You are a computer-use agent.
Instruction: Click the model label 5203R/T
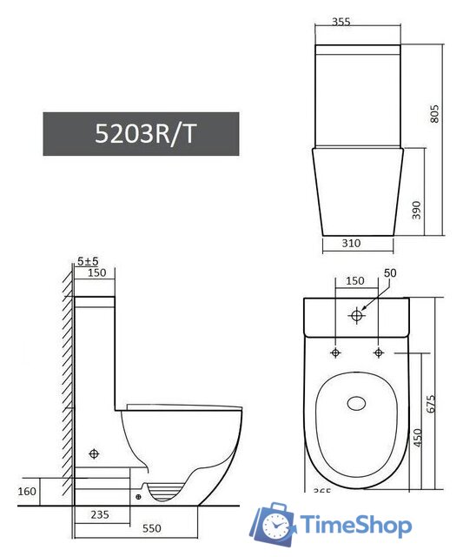click(x=140, y=135)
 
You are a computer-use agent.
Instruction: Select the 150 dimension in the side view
click(x=96, y=273)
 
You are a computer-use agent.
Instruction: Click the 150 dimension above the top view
click(x=355, y=281)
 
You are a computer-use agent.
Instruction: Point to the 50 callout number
click(x=390, y=273)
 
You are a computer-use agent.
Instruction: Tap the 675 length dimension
click(x=432, y=403)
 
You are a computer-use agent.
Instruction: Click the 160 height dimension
click(x=27, y=493)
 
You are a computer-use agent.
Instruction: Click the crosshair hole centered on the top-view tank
click(x=356, y=317)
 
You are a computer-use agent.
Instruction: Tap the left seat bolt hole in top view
click(x=334, y=352)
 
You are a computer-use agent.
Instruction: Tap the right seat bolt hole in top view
click(x=378, y=352)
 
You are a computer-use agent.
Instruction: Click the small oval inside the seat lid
click(x=356, y=403)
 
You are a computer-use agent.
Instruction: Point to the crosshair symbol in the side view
click(x=95, y=454)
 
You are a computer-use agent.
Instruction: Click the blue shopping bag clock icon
click(x=274, y=524)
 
